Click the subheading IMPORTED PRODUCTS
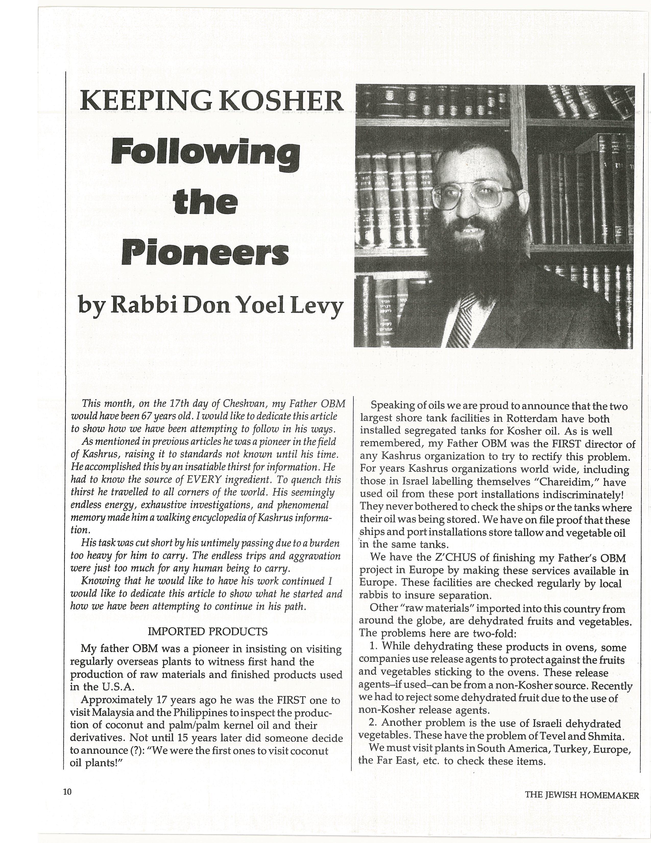tap(208, 631)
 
